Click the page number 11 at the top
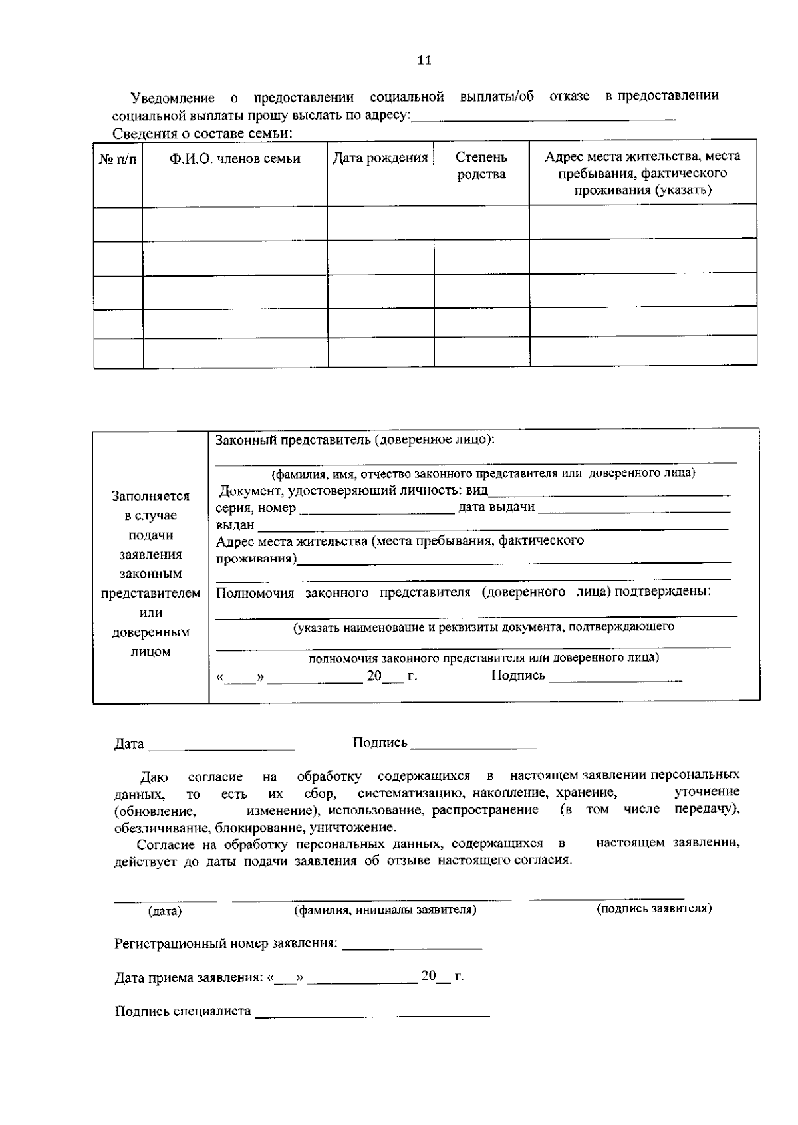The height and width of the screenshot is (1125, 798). [x=424, y=61]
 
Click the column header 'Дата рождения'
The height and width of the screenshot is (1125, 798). [x=380, y=158]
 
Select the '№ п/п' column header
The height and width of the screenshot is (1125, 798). [x=118, y=160]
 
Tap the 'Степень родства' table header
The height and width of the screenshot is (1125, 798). [x=481, y=166]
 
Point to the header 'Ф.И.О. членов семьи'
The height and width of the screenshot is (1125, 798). [x=235, y=159]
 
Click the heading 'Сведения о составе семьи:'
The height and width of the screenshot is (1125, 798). [x=203, y=133]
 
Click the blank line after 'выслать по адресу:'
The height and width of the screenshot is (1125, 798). [x=543, y=118]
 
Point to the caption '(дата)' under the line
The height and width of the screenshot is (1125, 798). [x=164, y=911]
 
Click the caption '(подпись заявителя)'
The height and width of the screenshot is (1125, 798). [x=654, y=908]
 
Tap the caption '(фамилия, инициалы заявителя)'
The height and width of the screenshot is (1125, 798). [x=385, y=910]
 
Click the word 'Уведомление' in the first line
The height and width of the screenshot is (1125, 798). [x=173, y=98]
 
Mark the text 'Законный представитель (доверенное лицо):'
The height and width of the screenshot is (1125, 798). [x=355, y=440]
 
